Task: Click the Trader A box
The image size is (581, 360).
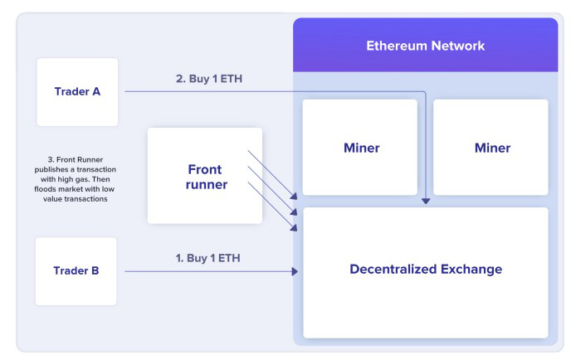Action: coord(77,91)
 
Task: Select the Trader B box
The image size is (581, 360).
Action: coord(76,270)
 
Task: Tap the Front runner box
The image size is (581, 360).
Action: coord(205,175)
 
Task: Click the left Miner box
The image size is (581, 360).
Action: coord(360,148)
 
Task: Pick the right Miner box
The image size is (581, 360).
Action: coord(491,148)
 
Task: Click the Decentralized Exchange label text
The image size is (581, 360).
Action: coord(425,269)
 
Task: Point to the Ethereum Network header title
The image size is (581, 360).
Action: coord(425,46)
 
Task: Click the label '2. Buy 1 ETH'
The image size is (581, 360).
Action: coord(208,79)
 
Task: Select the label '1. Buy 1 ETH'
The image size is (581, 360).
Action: coord(208,257)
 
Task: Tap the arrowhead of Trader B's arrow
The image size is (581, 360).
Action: coord(295,271)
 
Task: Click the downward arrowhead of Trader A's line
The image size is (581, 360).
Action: coord(426,200)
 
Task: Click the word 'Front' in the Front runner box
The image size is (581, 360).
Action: coord(204,168)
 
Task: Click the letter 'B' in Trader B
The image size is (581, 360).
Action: coord(95,270)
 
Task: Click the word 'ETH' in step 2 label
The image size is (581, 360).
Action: coord(231,79)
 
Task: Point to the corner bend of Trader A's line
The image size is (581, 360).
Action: coord(426,91)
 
